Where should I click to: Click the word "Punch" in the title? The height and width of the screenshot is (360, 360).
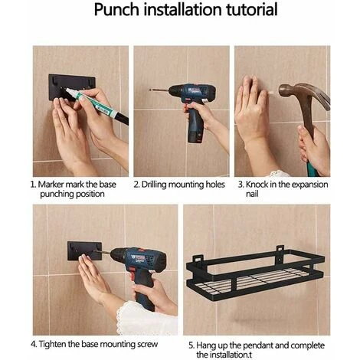(116, 10)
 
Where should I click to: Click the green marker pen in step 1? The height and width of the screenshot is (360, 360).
(97, 104)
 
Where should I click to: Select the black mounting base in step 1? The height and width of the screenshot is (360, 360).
(71, 87)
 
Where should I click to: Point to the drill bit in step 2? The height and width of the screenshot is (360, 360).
(159, 90)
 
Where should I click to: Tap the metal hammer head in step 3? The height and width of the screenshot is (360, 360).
(304, 94)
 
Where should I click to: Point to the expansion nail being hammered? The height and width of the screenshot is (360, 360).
(273, 92)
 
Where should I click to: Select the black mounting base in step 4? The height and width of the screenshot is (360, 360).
(84, 250)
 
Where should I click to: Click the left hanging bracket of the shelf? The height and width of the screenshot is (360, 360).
(197, 259)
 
